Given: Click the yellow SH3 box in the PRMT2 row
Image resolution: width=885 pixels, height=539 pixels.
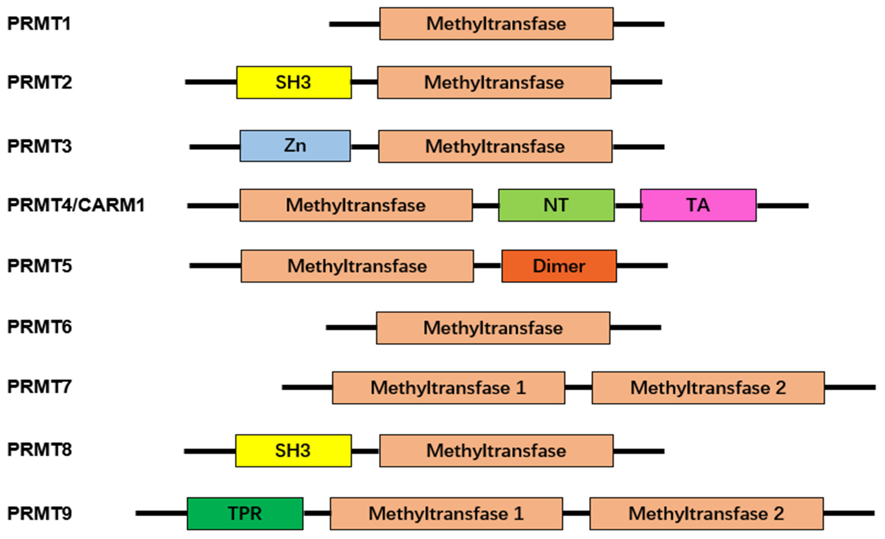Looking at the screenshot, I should pos(294,82).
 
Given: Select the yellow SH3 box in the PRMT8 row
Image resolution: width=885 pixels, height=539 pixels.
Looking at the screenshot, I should pos(293,451).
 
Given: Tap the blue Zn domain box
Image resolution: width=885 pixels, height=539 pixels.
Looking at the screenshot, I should pos(295,146).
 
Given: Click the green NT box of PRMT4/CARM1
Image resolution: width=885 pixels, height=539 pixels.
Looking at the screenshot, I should pos(556,205).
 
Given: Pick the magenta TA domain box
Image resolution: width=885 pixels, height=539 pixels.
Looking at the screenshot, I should pos(698,205).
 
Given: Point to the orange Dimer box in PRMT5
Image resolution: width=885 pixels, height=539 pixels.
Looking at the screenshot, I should pos(559,266).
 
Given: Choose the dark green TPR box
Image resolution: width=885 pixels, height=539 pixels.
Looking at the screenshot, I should pos(245,514).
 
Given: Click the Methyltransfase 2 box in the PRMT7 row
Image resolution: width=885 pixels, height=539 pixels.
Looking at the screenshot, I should pos(708,388).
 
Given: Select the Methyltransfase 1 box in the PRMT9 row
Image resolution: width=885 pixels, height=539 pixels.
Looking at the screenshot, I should pos(446,514).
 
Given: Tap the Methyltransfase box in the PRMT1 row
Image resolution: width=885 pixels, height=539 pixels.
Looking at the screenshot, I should pos(496,24).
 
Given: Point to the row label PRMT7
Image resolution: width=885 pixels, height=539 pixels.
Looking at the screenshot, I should pos(39,387).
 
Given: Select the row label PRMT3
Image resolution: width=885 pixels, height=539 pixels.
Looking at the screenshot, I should pos(39,146).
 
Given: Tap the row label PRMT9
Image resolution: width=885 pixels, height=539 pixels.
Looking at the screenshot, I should pos(39,514).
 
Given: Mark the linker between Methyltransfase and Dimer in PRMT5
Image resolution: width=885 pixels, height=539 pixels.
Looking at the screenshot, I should pos(487,266).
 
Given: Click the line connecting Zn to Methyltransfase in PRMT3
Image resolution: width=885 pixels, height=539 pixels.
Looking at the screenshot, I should pos(364,147).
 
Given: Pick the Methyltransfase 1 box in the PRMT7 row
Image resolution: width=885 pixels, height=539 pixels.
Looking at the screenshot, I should pos(448,388).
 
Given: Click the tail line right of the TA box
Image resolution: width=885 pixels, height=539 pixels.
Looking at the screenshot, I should pos(782,206).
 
